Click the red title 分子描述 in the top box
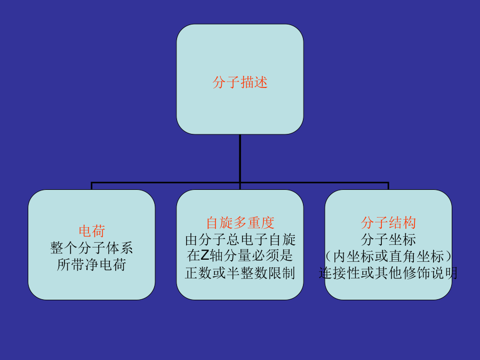pos(240,83)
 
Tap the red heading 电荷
pos(92,231)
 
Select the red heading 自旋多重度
pos(240,223)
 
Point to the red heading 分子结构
pos(388,223)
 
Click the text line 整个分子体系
pos(92,247)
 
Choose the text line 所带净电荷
pos(92,265)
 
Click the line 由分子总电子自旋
pos(240,239)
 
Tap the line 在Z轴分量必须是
pos(240,256)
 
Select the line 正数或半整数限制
pos(240,273)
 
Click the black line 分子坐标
pos(388,239)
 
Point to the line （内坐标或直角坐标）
pos(388,256)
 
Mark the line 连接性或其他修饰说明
pos(388,273)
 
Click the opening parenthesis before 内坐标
pos(329,256)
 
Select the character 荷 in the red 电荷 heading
pos(98,231)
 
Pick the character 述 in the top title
pos(261,83)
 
